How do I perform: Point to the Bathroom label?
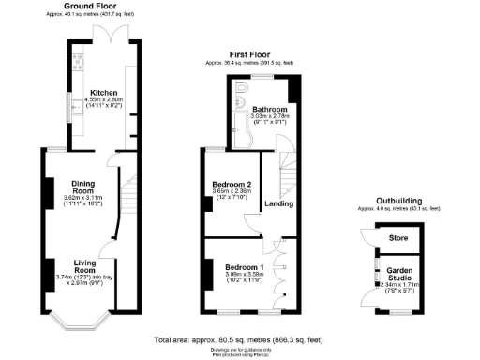point(271,109)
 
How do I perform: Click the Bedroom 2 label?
point(231,184)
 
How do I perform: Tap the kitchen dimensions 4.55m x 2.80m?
point(105,100)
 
